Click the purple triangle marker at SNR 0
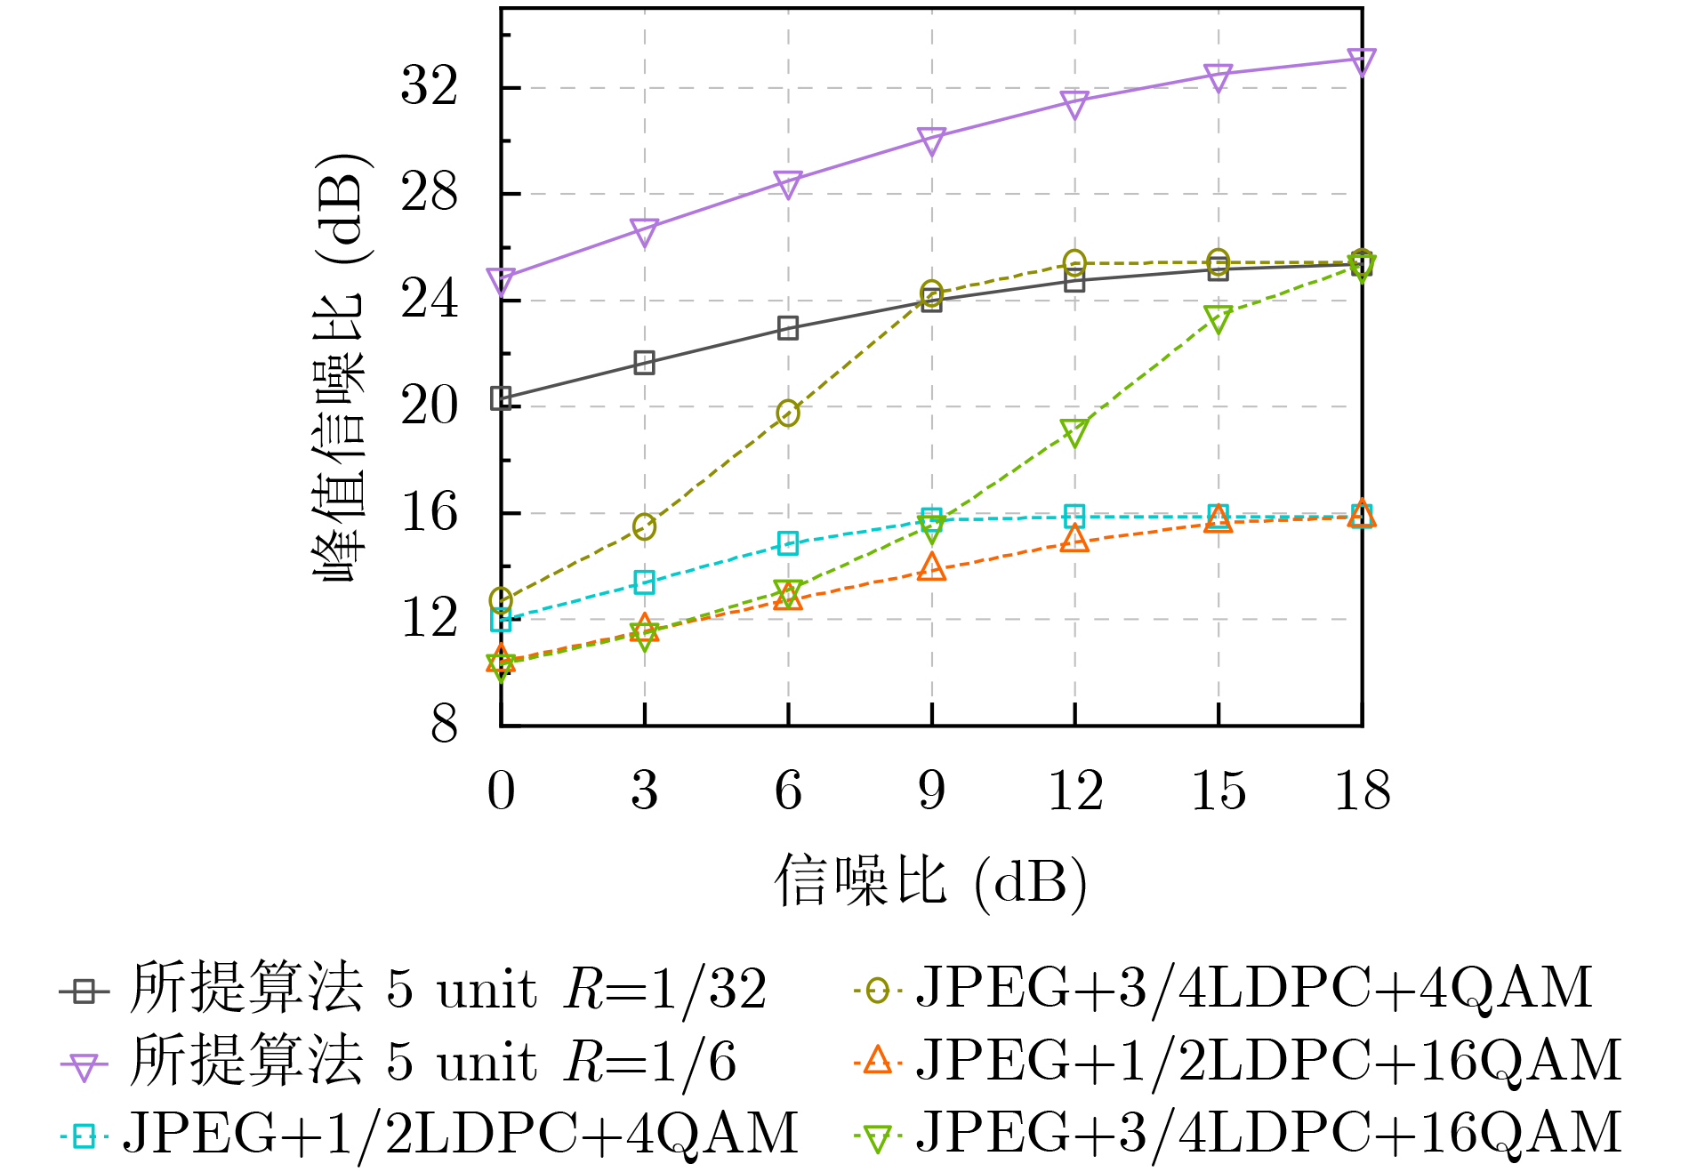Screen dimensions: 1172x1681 [x=501, y=281]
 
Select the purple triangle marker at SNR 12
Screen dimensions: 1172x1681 [x=1074, y=103]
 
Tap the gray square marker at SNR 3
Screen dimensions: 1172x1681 [x=645, y=363]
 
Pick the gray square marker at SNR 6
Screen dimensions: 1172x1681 [x=788, y=328]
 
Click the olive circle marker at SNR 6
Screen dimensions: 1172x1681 [x=788, y=413]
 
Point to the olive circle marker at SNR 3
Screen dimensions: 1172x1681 [x=645, y=526]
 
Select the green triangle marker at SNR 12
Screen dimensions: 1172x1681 [x=1074, y=432]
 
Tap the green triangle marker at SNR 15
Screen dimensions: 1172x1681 [x=1219, y=317]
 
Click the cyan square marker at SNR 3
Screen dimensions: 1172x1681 [x=645, y=582]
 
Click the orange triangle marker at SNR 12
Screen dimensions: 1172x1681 [x=1074, y=539]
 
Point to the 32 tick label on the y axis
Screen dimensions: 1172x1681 [x=430, y=87]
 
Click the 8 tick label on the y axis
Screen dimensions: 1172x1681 [x=444, y=725]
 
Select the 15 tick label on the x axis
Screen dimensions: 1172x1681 [x=1219, y=791]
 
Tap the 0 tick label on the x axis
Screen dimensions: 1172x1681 [x=501, y=791]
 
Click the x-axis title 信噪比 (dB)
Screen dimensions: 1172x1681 [x=930, y=883]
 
